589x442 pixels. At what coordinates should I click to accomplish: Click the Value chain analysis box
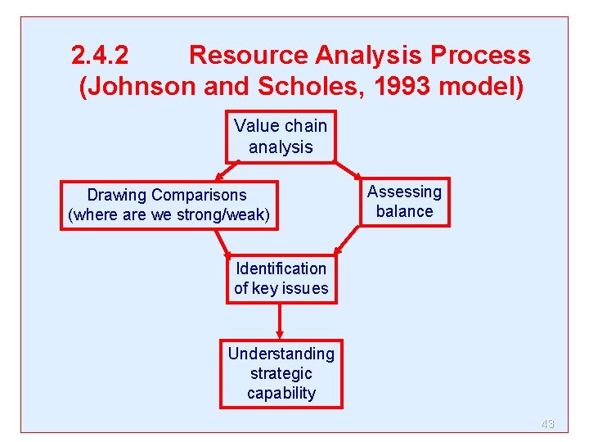281,137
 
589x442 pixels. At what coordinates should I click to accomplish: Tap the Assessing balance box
404,201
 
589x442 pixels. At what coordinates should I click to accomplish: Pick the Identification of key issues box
281,278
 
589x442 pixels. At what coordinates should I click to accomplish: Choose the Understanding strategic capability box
281,373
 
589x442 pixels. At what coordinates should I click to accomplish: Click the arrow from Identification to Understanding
281,321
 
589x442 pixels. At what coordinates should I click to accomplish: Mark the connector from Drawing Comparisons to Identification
222,243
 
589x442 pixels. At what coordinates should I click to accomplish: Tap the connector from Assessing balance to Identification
346,240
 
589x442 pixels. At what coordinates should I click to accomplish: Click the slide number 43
547,424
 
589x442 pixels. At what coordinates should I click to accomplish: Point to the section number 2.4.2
99,56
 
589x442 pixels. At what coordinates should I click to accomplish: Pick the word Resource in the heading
248,56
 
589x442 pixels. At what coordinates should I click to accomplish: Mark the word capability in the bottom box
281,393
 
